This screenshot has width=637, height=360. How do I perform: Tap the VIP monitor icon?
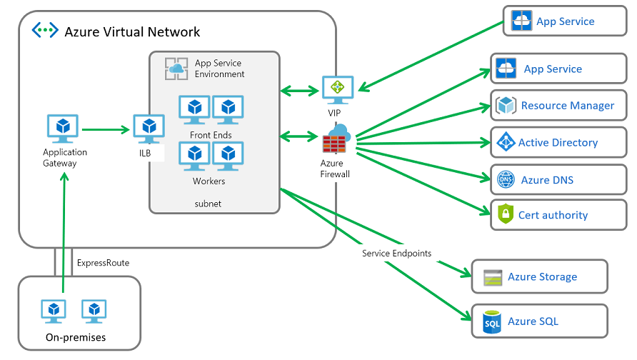tap(334, 89)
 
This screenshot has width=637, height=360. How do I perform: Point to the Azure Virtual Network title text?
tap(132, 31)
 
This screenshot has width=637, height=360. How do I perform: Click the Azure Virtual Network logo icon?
tap(44, 31)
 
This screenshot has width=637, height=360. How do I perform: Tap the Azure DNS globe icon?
tap(506, 180)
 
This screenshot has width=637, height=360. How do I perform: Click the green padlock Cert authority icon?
tap(506, 214)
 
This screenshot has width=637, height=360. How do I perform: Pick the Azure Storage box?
tap(539, 277)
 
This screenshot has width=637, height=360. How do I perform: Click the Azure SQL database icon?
tap(492, 321)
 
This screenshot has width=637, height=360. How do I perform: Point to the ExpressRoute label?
tap(103, 263)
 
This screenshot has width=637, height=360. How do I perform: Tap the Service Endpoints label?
tap(396, 254)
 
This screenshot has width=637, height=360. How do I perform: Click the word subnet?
tap(208, 204)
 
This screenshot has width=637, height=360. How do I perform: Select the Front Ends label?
tap(211, 135)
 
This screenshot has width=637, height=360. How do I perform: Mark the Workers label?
tap(209, 181)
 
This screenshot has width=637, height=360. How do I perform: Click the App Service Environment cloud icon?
tap(176, 69)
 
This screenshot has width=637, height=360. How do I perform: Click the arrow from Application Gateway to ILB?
tap(106, 130)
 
